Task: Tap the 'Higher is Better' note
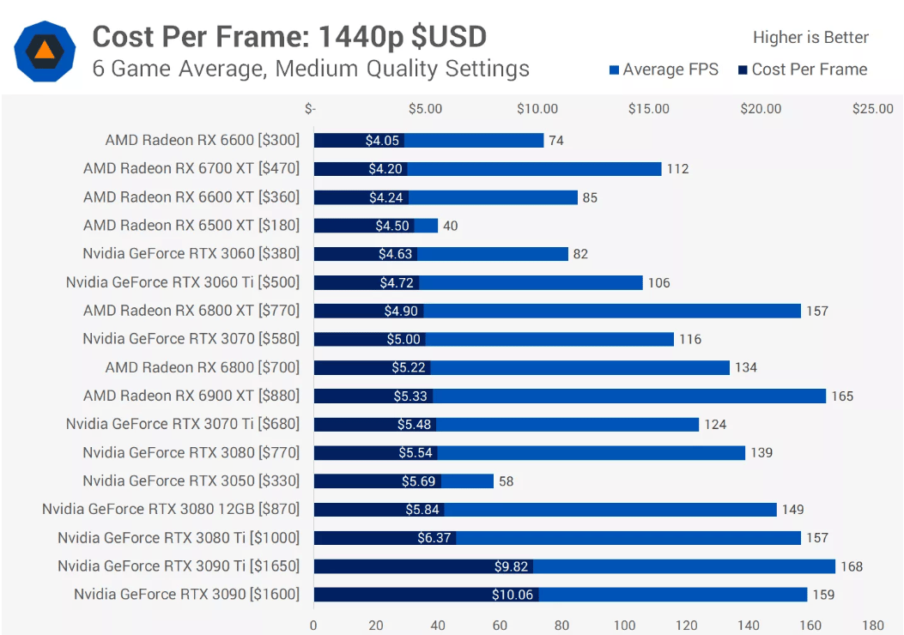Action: coord(810,38)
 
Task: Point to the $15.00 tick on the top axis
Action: coord(649,109)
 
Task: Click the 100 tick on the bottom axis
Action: coord(624,625)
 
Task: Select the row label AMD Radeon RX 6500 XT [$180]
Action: coord(191,226)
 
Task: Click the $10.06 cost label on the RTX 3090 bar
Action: coord(513,595)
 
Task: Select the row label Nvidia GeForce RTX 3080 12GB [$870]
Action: coord(171,510)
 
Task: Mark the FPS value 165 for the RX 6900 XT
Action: coord(841,396)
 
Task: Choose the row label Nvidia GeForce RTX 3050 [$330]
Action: coord(191,481)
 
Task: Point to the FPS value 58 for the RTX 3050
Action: coord(506,481)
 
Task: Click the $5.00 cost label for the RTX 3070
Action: coord(403,340)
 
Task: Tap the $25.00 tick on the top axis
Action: coord(872,109)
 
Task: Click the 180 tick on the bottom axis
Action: coord(872,625)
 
